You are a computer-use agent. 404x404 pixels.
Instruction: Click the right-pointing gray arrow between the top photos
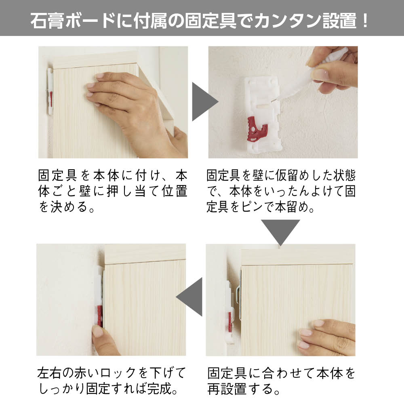[204, 101]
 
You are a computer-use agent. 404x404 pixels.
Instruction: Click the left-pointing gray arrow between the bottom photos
[191, 297]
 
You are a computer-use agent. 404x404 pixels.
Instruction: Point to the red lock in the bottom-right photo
[229, 322]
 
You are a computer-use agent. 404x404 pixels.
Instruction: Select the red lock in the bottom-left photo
[99, 317]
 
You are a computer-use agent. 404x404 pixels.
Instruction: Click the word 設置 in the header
[340, 21]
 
